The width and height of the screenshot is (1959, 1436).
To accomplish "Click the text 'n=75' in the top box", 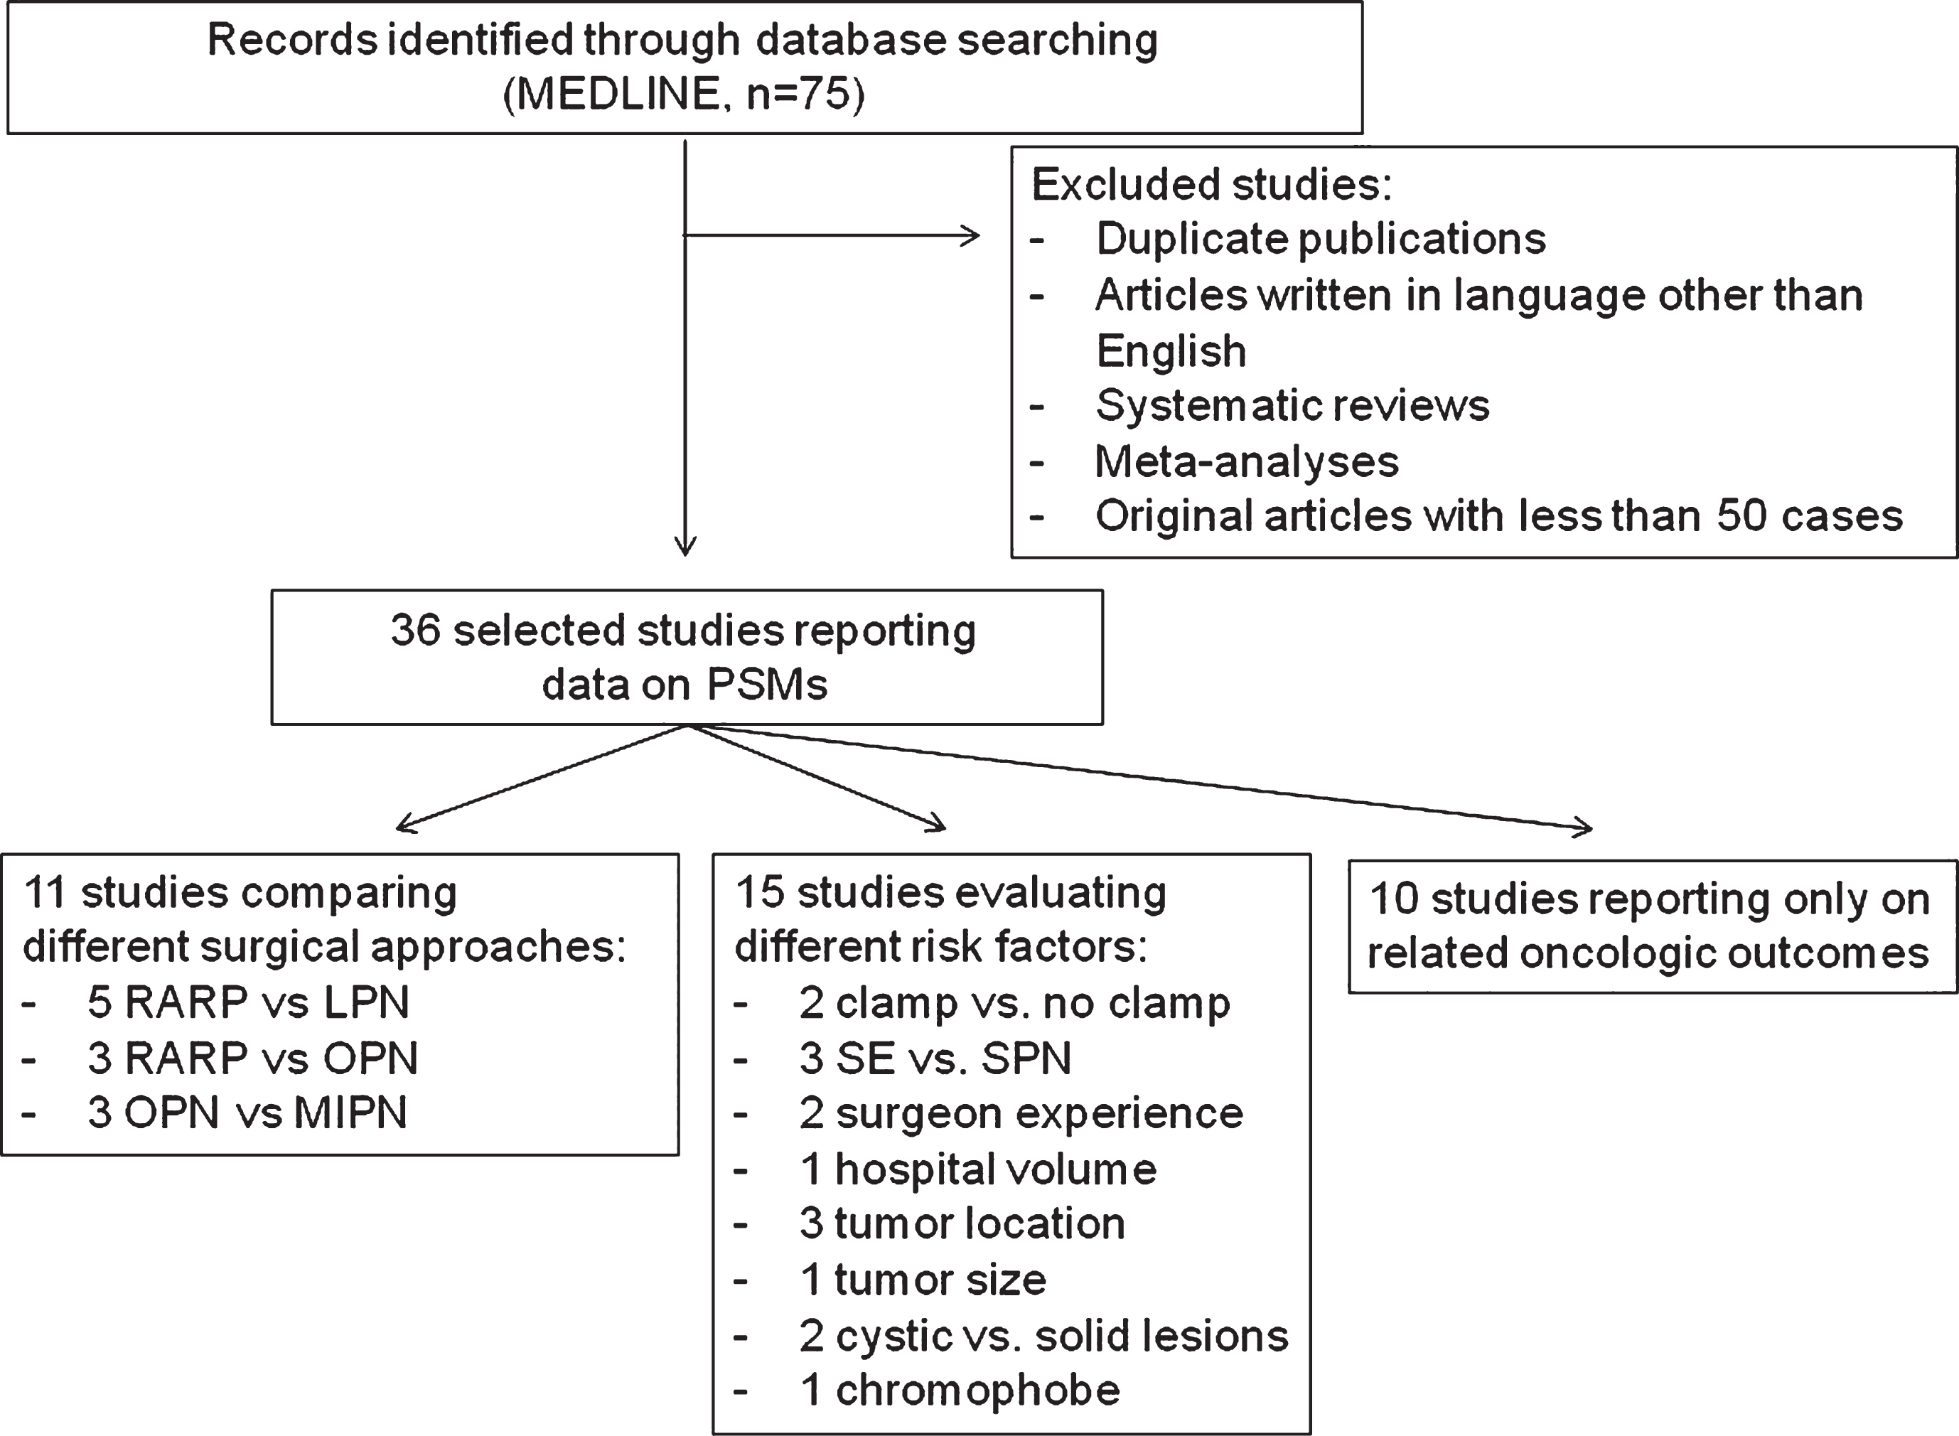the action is [x=797, y=94].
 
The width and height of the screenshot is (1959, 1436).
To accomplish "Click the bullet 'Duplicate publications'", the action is [x=1321, y=239].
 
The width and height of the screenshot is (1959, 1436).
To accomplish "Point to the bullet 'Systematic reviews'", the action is [x=1292, y=405].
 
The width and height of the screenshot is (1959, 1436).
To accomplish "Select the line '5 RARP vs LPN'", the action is [x=249, y=1002].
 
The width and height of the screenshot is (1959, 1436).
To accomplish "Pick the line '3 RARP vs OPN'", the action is [x=253, y=1058].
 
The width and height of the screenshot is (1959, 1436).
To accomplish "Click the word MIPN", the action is [x=350, y=1113].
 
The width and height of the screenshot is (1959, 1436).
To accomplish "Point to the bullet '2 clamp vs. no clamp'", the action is [x=1015, y=1003].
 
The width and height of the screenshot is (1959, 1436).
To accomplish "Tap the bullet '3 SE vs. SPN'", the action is [x=935, y=1058].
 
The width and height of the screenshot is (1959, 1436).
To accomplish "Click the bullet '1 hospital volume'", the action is [x=978, y=1169].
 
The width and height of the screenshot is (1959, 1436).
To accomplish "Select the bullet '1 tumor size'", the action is [x=923, y=1280].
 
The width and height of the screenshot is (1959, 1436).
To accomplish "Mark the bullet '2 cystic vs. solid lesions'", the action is [x=1043, y=1335].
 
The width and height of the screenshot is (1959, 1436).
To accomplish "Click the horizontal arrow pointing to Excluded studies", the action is [x=832, y=235].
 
